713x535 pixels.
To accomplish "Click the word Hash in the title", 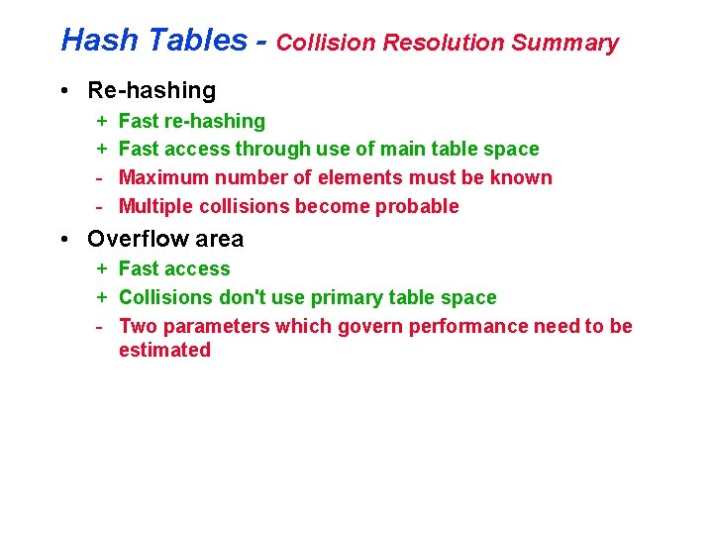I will pos(89,41).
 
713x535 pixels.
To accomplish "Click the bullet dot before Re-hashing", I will pos(63,91).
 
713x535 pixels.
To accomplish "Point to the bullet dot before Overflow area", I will pos(63,240).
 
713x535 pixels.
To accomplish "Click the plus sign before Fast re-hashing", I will pos(102,121).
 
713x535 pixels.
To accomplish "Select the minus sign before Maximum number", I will pos(101,177).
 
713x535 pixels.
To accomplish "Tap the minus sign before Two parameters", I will pos(101,326).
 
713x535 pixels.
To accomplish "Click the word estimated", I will pos(164,350).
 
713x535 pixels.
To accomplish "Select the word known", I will pos(521,177).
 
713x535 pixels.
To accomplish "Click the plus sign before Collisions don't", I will pos(102,297).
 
